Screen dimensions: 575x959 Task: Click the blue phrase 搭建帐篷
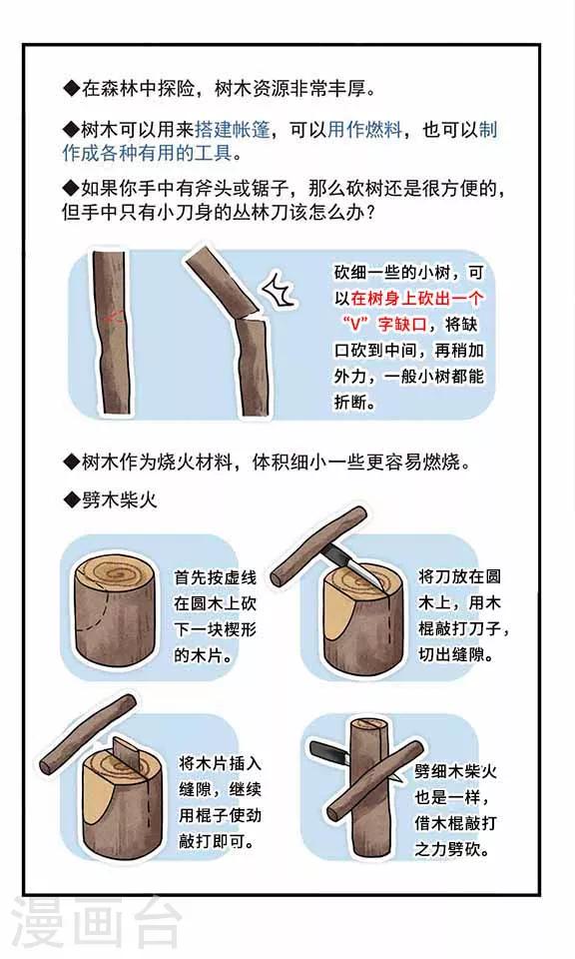pos(233,130)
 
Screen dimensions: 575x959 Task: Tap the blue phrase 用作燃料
pos(364,130)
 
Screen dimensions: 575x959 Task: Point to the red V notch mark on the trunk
pos(114,317)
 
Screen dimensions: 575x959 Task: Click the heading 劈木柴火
pos(120,499)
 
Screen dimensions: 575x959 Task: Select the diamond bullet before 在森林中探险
pos(72,89)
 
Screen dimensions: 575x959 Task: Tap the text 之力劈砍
pos(452,849)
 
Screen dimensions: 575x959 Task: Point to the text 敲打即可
pos(217,841)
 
